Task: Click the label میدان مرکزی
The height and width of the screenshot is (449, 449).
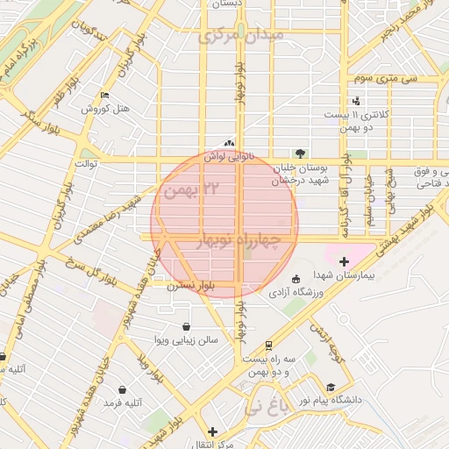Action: pyautogui.click(x=240, y=37)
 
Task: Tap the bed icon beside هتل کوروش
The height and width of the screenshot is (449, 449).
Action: pyautogui.click(x=105, y=96)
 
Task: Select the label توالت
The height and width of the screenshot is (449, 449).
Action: pyautogui.click(x=86, y=164)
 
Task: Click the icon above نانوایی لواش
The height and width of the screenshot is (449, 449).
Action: pyautogui.click(x=229, y=143)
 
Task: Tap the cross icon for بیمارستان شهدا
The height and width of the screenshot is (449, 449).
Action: pyautogui.click(x=343, y=261)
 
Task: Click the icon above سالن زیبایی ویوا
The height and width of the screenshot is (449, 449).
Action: pyautogui.click(x=185, y=326)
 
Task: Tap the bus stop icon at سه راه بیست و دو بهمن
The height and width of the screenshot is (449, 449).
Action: pyautogui.click(x=267, y=345)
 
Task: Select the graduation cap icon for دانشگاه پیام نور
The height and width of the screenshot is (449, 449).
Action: pyautogui.click(x=331, y=387)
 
